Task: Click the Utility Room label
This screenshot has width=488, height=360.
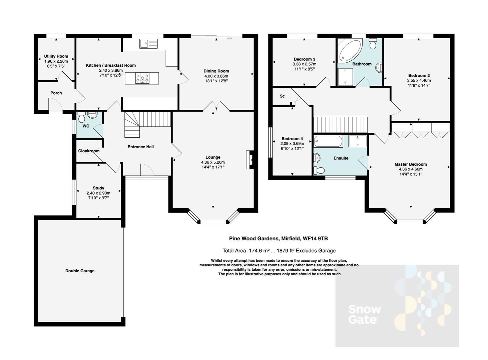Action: click(56, 56)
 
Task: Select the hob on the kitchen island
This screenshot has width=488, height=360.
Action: click(142, 79)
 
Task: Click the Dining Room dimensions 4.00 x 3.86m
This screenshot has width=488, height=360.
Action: click(216, 76)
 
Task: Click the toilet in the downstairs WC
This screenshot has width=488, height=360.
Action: click(81, 117)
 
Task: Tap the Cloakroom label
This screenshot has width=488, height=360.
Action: click(89, 151)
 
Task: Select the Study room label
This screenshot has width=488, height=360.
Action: click(98, 188)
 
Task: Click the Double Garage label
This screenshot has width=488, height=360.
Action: click(80, 271)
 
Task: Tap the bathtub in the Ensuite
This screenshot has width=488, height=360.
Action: click(328, 141)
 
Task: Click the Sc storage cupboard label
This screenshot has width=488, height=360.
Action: click(282, 96)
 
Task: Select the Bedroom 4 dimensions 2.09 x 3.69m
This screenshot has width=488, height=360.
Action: click(293, 144)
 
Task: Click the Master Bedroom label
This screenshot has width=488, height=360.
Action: click(411, 164)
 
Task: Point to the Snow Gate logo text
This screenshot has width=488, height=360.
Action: click(364, 314)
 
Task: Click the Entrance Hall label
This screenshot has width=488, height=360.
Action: click(141, 147)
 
